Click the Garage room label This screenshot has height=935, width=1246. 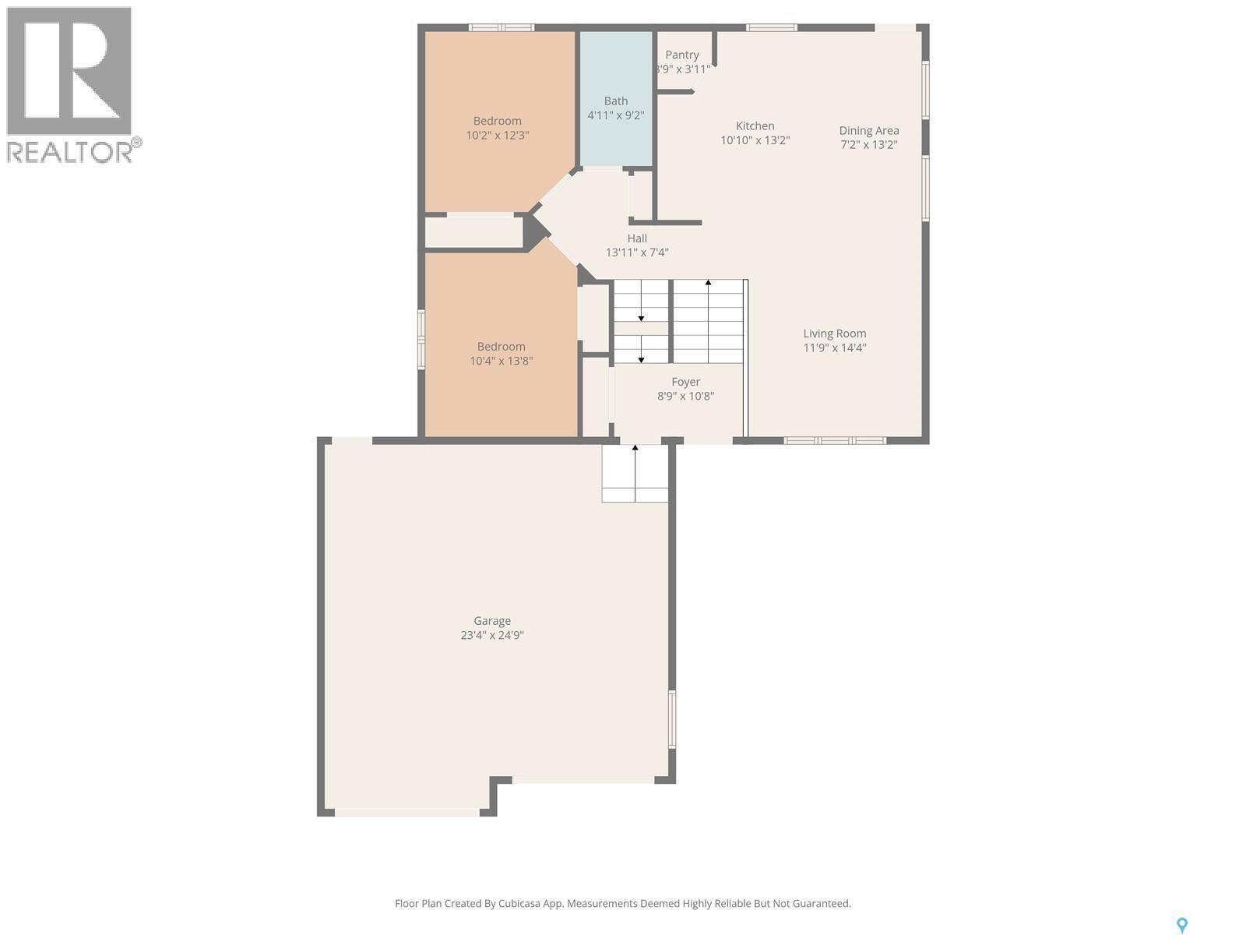click(x=492, y=621)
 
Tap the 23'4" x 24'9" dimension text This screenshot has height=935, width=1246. click(x=492, y=635)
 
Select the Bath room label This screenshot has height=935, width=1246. click(x=615, y=101)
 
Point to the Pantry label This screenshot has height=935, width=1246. click(x=682, y=55)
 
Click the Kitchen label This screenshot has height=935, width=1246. click(x=755, y=125)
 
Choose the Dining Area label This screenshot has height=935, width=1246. click(x=869, y=130)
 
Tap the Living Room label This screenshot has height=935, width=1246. click(x=835, y=333)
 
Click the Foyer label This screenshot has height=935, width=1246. click(x=686, y=382)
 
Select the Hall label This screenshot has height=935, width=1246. click(x=637, y=238)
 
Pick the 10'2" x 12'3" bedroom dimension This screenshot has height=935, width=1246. click(x=498, y=135)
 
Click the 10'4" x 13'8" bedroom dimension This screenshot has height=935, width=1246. click(x=502, y=361)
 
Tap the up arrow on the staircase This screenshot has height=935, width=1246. click(x=708, y=284)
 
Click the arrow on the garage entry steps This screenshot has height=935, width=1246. click(x=635, y=450)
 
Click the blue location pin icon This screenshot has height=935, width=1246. click(x=1181, y=925)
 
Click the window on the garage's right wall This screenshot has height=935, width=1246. click(x=672, y=720)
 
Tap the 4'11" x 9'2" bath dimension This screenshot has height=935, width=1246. click(x=615, y=115)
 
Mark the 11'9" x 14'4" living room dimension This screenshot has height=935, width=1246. click(x=835, y=348)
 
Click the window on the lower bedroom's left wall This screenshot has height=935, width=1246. click(x=421, y=338)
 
